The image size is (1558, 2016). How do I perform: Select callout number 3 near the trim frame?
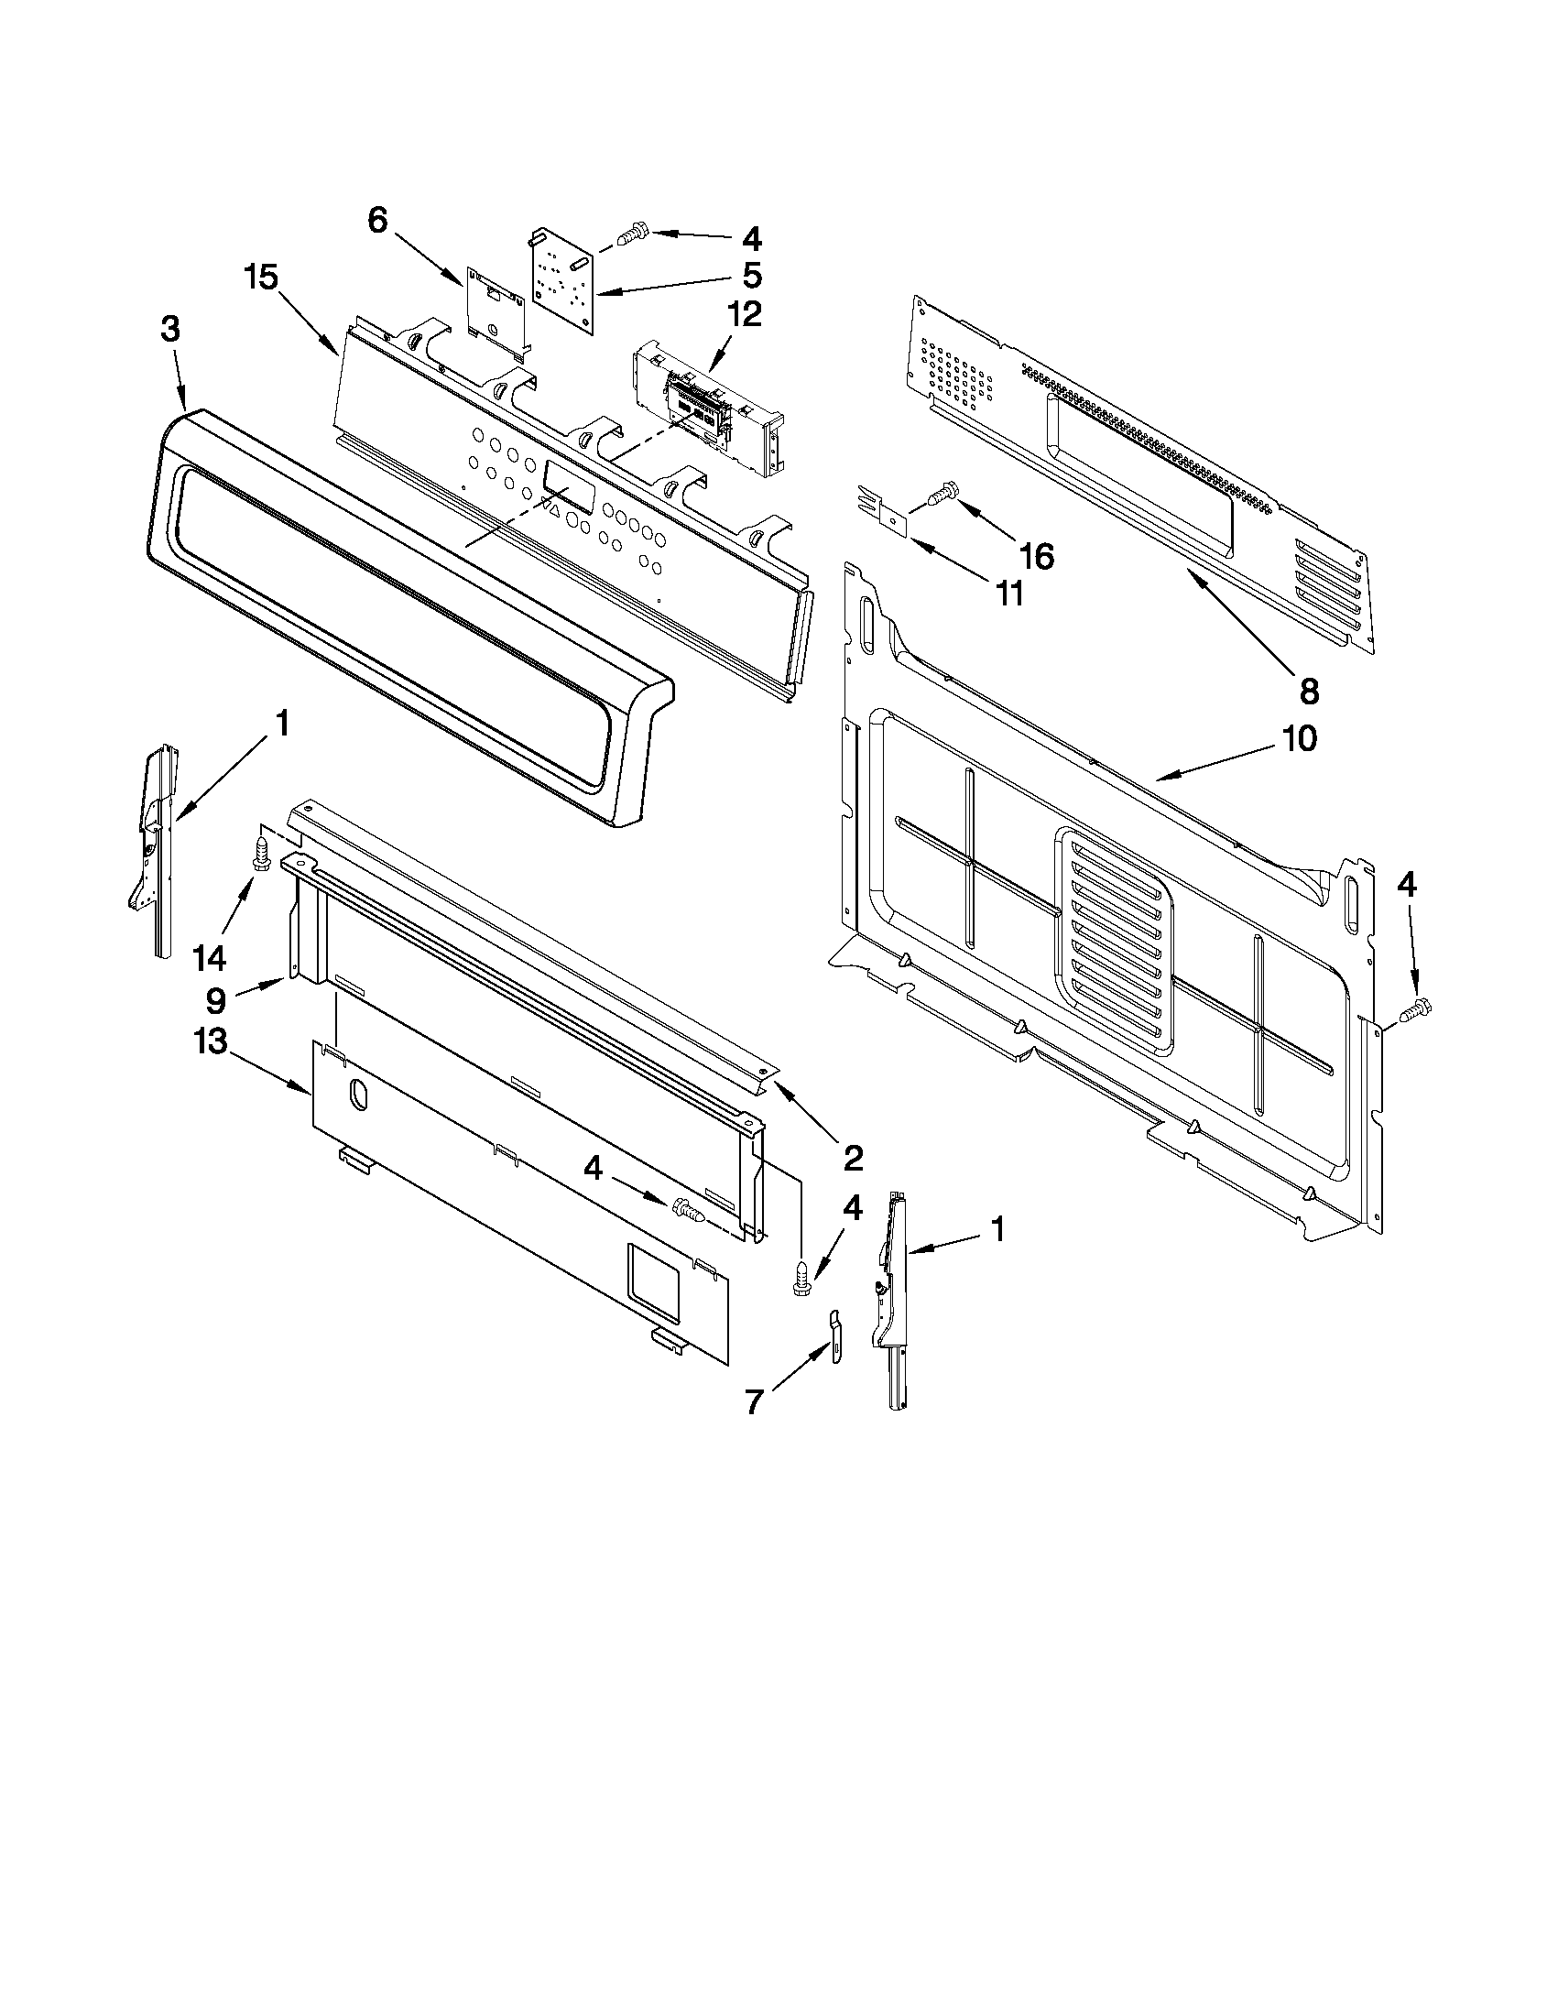point(169,331)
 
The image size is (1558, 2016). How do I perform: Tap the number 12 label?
point(743,314)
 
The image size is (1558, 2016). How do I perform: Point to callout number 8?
point(1309,690)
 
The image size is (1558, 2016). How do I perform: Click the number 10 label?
point(1298,738)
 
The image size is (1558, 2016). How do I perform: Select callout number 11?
point(1009,594)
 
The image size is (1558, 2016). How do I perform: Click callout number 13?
point(210,1042)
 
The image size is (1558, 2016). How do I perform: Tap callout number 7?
point(754,1402)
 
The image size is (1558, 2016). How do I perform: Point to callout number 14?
point(210,958)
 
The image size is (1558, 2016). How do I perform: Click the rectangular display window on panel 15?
point(569,486)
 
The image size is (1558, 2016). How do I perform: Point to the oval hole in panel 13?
point(357,1093)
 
